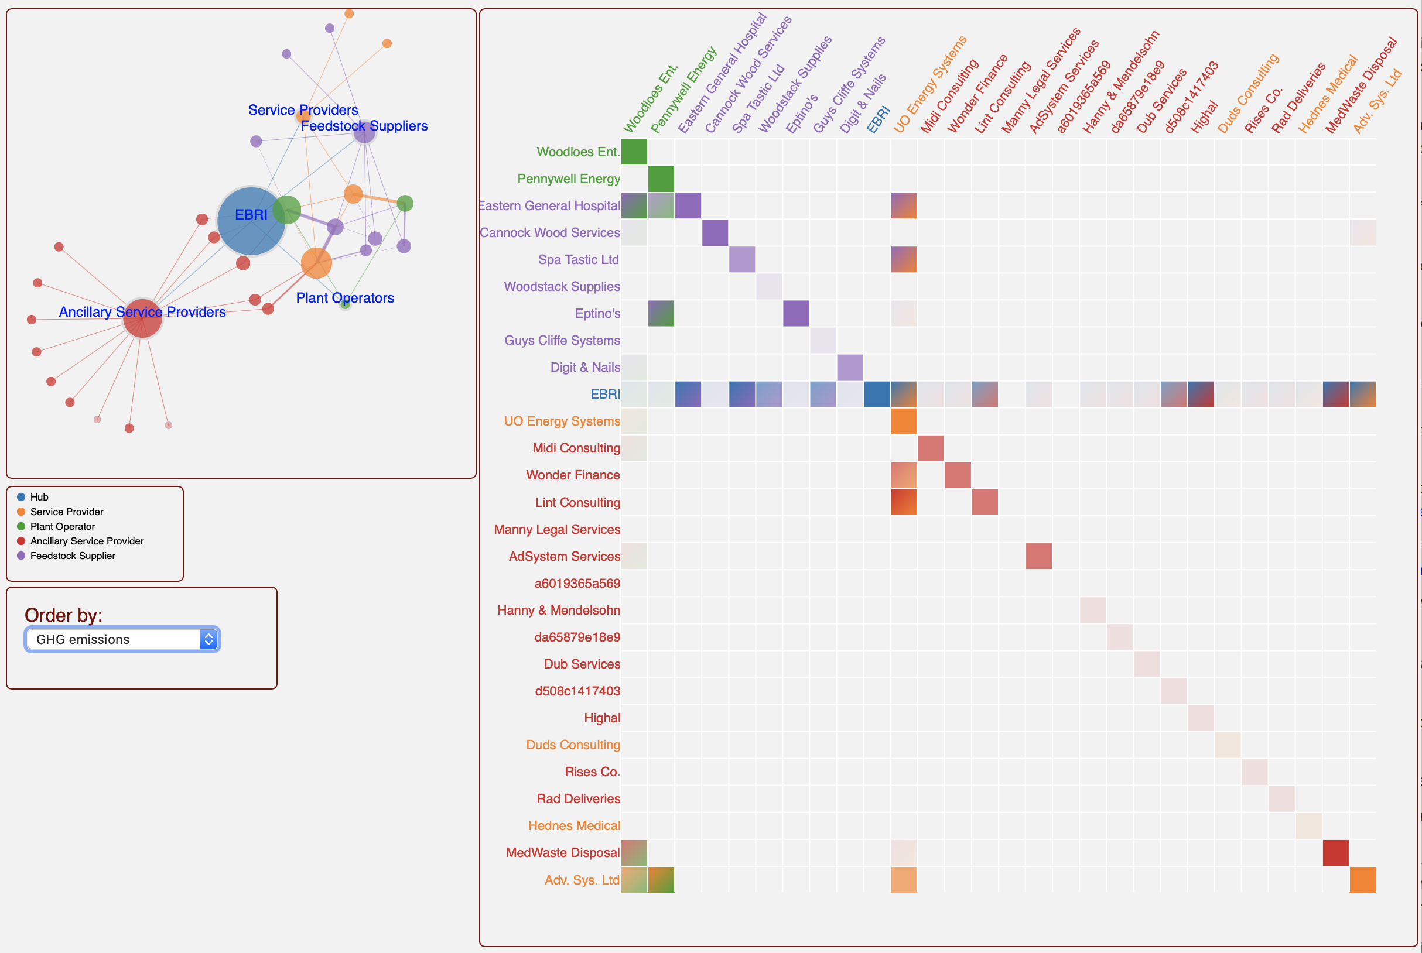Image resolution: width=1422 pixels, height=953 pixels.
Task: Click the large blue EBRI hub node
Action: (x=251, y=221)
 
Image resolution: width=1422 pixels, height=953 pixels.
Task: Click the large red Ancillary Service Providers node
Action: (x=142, y=318)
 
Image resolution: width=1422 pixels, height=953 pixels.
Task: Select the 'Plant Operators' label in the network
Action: (x=345, y=298)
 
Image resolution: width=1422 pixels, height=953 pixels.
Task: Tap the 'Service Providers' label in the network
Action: (x=303, y=110)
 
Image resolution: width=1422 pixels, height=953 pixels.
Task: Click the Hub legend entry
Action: (x=39, y=497)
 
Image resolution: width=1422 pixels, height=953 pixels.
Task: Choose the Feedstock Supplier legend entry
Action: (x=73, y=556)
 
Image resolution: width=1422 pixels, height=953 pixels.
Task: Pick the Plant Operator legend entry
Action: (x=62, y=526)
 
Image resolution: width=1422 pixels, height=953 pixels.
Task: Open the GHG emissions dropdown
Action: (x=122, y=639)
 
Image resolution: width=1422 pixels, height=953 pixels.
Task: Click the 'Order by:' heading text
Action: (x=63, y=615)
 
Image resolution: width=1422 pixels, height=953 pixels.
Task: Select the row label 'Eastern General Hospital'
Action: (x=549, y=206)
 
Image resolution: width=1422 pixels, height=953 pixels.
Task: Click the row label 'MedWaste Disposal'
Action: (x=562, y=853)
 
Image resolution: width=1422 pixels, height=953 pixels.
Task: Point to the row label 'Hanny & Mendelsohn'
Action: (x=558, y=610)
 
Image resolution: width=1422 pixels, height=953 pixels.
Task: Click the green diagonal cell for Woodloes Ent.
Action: (x=634, y=152)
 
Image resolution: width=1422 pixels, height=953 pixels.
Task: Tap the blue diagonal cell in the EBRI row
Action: (x=877, y=395)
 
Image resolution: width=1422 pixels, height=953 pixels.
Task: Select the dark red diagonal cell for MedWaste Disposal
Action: (x=1335, y=853)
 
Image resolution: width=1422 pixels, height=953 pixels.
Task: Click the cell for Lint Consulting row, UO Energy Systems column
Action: (x=904, y=503)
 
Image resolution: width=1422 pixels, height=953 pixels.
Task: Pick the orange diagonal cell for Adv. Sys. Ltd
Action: (x=1362, y=880)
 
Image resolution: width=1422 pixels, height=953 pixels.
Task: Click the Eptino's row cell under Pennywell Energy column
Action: (x=661, y=314)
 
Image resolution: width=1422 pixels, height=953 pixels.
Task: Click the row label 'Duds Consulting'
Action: (x=573, y=745)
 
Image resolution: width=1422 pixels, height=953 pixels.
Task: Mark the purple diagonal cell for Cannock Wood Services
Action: (x=715, y=233)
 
